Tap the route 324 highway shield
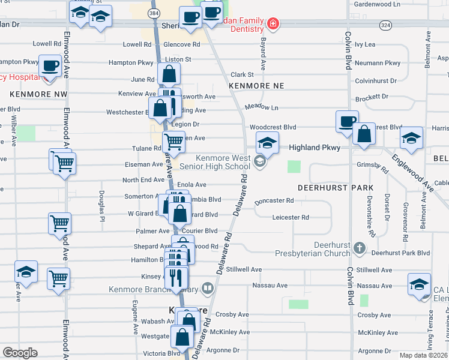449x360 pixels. pos(385,25)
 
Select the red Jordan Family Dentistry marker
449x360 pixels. pos(273,24)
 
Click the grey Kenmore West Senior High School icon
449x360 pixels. pos(259,161)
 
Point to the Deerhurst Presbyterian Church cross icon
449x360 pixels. pos(359,247)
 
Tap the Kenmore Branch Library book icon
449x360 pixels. pos(207,289)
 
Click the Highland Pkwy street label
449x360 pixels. pos(315,147)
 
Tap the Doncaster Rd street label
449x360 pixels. pos(274,201)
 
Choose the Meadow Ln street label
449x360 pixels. pos(262,107)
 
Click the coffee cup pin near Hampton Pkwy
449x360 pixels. pos(50,65)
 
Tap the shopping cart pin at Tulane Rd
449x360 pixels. pos(173,142)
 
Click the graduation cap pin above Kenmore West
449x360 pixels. pos(267,143)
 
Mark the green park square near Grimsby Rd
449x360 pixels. pos(294,166)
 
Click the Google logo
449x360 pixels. pos(20,352)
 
